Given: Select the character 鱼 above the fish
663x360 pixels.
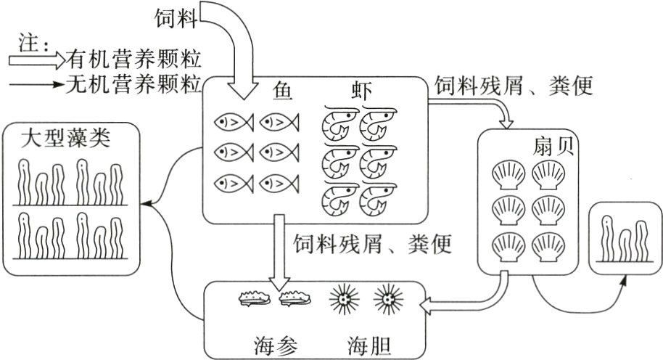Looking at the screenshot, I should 284,94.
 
